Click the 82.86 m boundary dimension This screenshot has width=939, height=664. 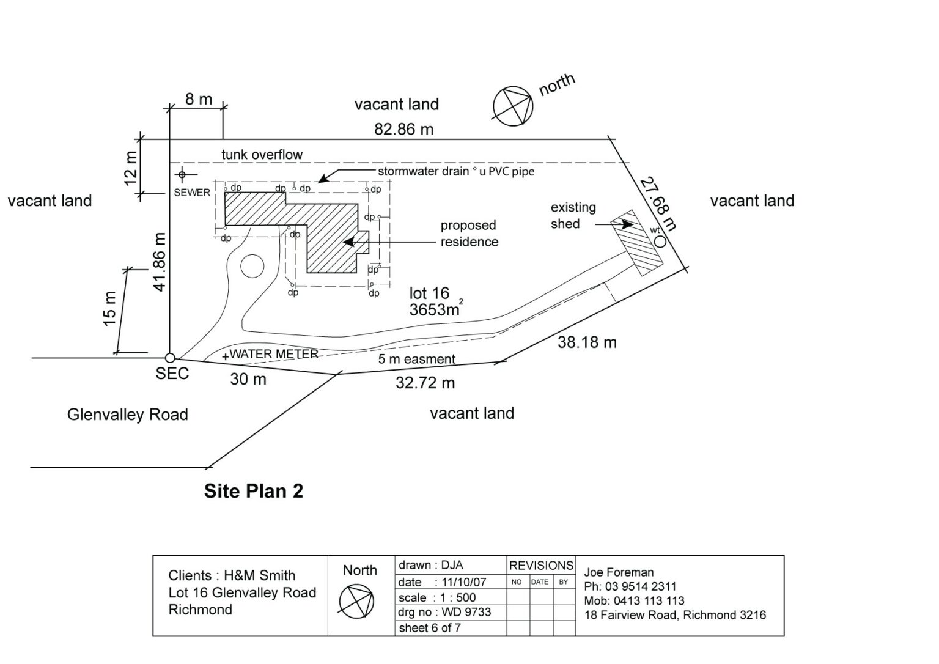(x=403, y=129)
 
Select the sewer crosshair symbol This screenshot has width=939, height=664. (x=182, y=175)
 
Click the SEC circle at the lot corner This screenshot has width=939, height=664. (x=170, y=358)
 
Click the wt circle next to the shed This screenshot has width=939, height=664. (x=660, y=242)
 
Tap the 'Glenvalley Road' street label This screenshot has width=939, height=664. (x=127, y=415)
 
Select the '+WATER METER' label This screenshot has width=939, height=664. (x=271, y=354)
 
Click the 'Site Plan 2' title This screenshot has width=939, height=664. (x=253, y=491)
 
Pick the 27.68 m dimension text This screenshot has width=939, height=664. (x=658, y=204)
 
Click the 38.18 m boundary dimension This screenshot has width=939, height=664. (x=587, y=342)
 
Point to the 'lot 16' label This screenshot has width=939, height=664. (x=429, y=293)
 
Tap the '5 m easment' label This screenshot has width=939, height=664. (x=416, y=359)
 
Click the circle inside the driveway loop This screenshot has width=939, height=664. (x=252, y=267)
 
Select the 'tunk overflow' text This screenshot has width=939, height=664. (x=262, y=155)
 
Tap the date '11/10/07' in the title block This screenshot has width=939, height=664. (x=460, y=582)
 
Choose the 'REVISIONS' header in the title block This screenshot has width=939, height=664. (x=541, y=566)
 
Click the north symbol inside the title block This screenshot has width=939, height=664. (x=356, y=600)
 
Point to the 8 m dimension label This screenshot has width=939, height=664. (x=198, y=99)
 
